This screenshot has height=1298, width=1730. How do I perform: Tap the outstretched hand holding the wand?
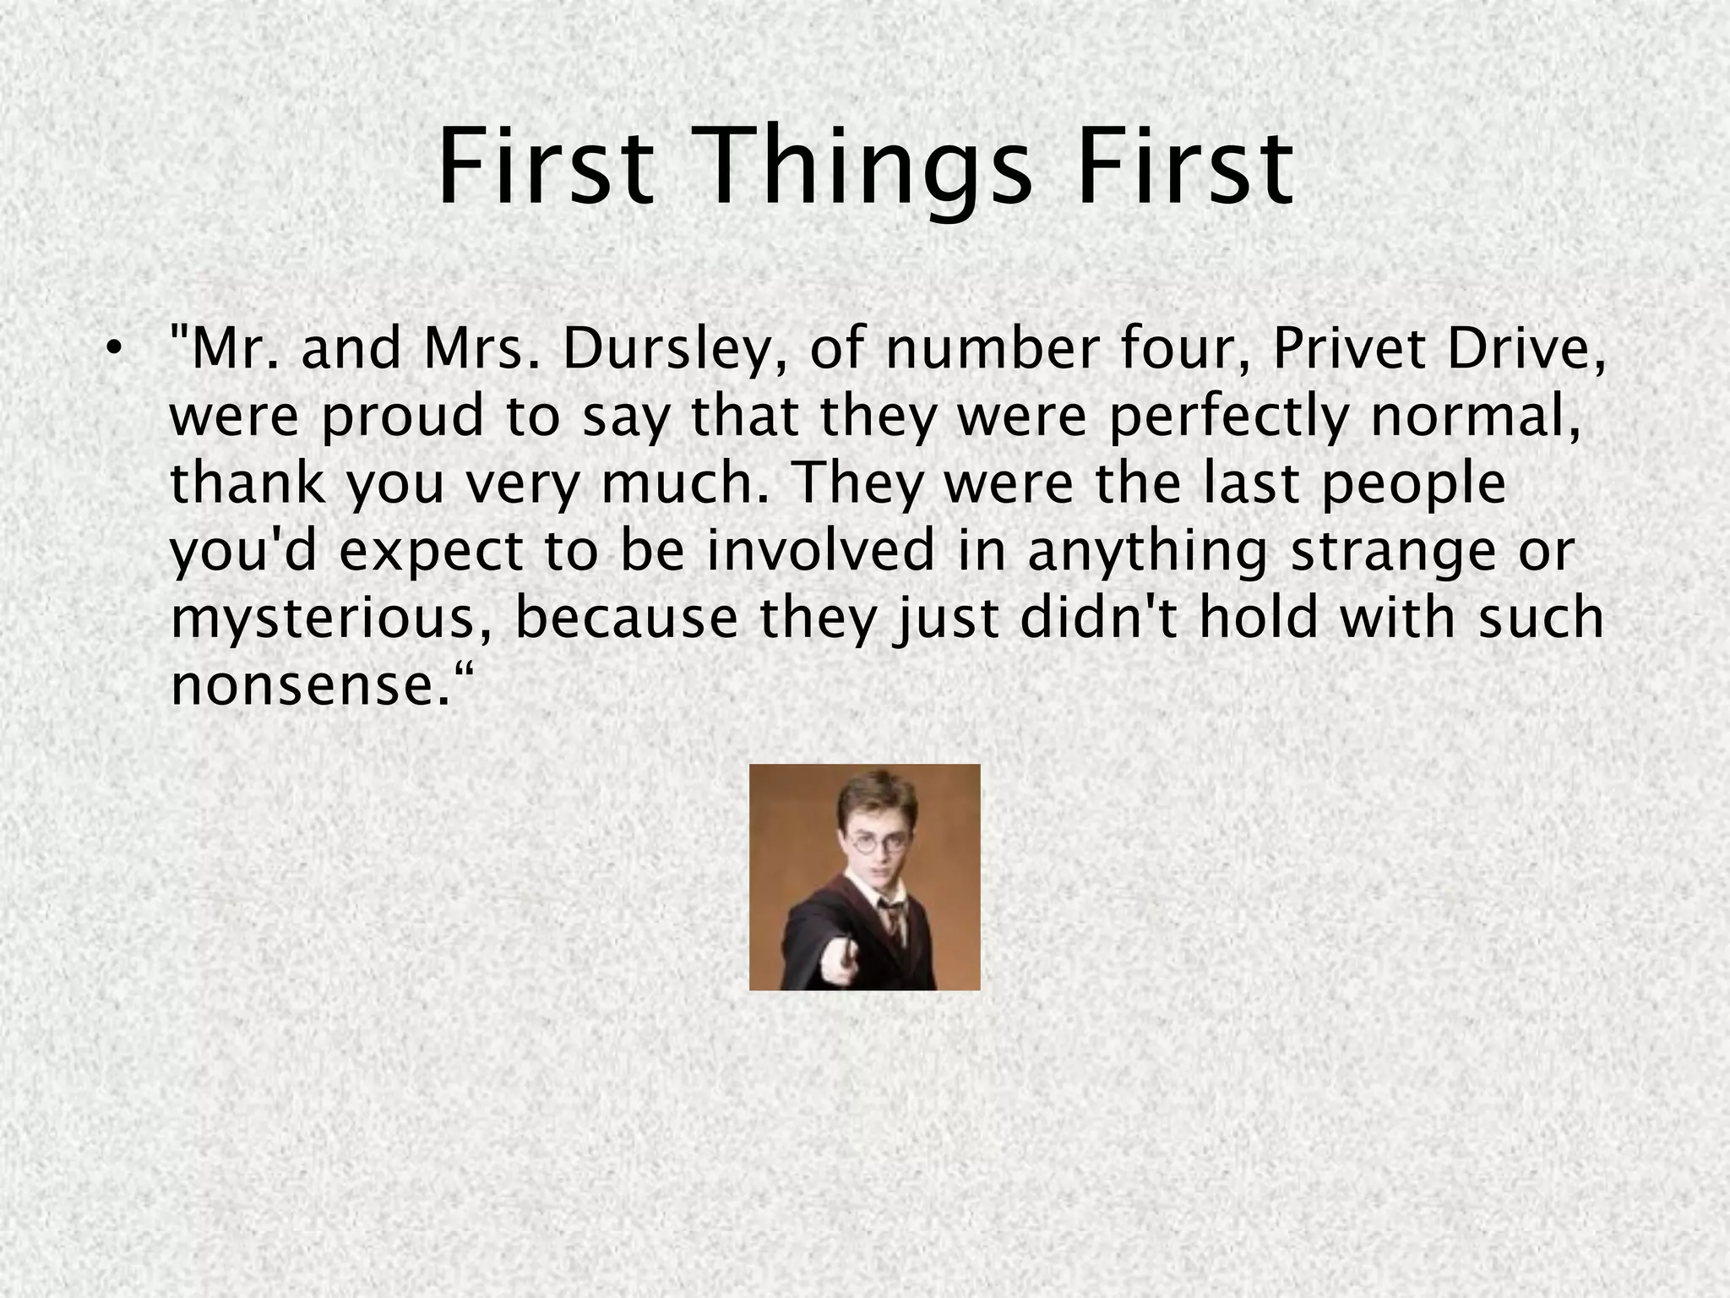[x=841, y=962]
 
